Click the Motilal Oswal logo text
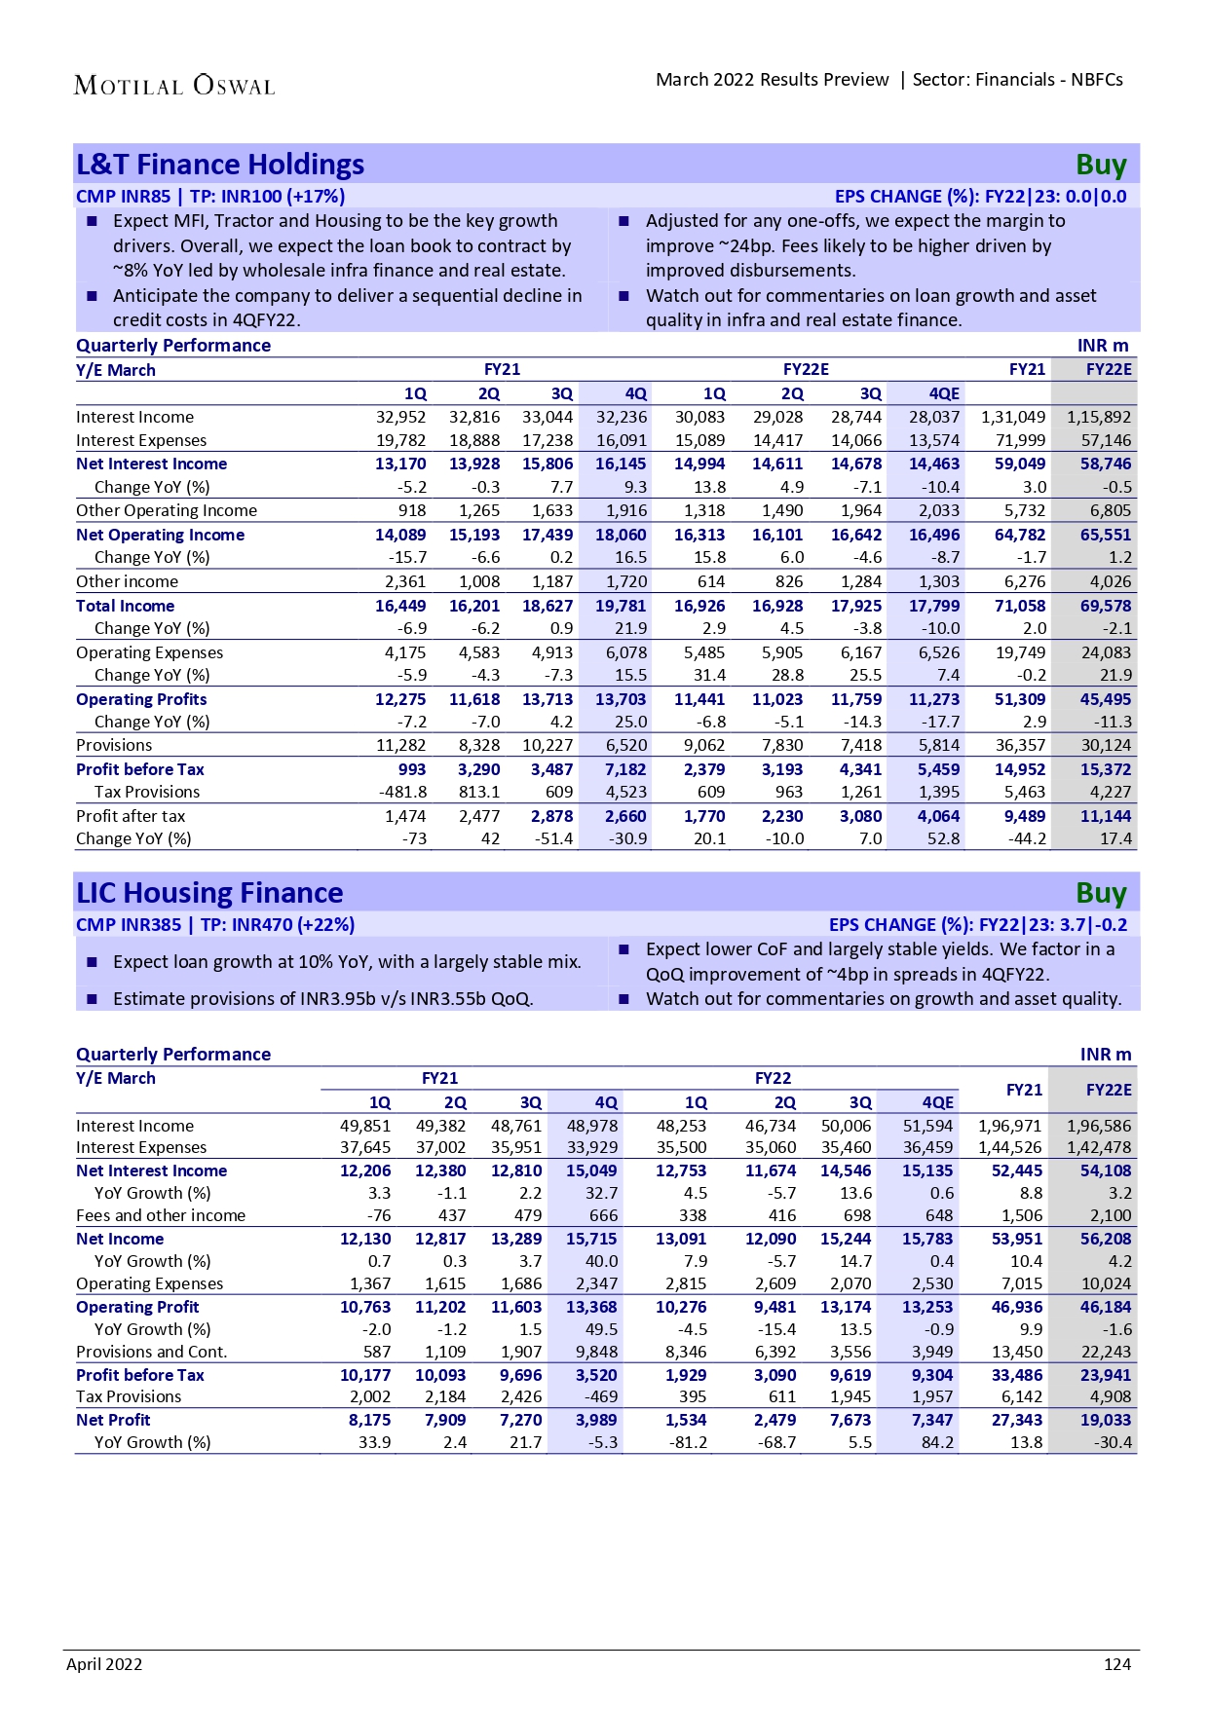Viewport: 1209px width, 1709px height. [174, 86]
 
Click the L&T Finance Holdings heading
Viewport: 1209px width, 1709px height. [220, 165]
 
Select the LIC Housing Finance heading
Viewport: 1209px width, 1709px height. [209, 893]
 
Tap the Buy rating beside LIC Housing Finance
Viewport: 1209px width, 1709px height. [1101, 893]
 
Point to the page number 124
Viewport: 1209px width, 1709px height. [1117, 1664]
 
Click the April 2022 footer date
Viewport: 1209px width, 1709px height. [104, 1664]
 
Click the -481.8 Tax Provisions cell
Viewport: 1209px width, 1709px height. [402, 792]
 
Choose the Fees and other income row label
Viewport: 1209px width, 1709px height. [161, 1215]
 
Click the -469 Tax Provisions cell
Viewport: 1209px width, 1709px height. [601, 1396]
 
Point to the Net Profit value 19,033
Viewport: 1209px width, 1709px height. [1106, 1420]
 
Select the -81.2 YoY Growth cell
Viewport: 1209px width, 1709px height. [688, 1442]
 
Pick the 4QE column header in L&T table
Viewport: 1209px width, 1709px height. [944, 393]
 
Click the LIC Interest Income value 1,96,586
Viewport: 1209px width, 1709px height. [1099, 1126]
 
